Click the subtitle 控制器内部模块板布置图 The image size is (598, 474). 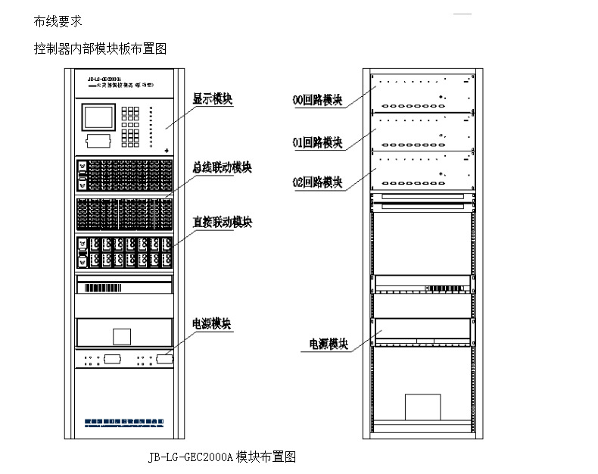tap(100, 48)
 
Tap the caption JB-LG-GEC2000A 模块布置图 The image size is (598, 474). tap(222, 457)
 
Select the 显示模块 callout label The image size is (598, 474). tap(213, 100)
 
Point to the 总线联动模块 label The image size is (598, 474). tap(222, 167)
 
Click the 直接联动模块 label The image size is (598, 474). tap(222, 222)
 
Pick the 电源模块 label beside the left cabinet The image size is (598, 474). tap(212, 323)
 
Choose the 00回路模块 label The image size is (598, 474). tap(317, 98)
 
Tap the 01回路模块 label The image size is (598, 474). tap(317, 142)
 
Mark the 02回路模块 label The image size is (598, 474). tap(317, 182)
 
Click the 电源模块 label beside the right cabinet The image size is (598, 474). tap(329, 344)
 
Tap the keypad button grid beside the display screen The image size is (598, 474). tap(130, 124)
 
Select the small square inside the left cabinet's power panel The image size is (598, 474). tap(121, 337)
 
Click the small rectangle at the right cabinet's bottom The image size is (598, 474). tap(422, 407)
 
